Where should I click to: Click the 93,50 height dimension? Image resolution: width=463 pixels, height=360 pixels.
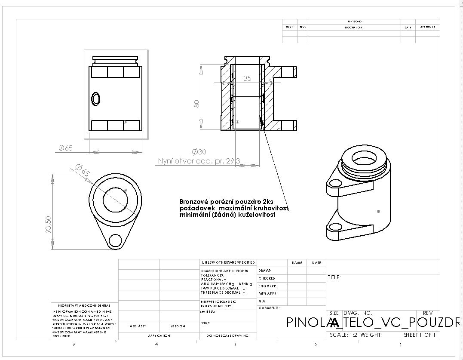click(49, 225)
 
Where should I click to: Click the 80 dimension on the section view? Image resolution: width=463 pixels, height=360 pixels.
click(197, 104)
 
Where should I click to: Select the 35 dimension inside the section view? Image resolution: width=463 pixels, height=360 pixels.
click(247, 78)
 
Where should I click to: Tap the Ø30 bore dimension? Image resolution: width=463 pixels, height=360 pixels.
click(199, 152)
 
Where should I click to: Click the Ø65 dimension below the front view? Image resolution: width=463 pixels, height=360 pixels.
click(65, 148)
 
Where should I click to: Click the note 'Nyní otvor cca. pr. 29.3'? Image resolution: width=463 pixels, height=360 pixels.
click(199, 161)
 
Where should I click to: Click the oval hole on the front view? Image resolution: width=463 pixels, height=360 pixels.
click(96, 98)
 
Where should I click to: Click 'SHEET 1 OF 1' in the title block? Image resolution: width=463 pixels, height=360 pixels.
click(419, 335)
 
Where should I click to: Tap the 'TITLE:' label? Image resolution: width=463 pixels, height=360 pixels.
click(334, 277)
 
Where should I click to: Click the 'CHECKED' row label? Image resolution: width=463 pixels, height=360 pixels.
click(267, 278)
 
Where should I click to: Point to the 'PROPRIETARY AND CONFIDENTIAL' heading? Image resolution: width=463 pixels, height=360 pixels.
click(84, 305)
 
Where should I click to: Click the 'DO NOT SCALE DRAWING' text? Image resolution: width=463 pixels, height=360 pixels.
click(228, 335)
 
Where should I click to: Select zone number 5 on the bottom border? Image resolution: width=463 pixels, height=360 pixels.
click(74, 345)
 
